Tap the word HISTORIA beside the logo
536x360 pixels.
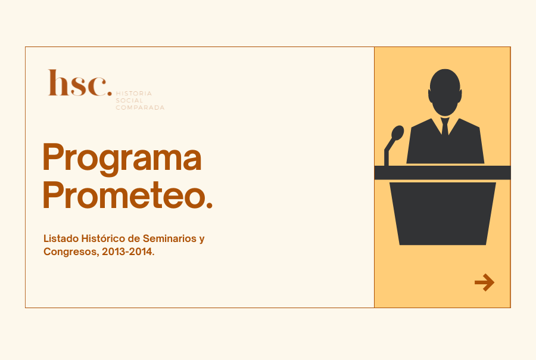pos(133,94)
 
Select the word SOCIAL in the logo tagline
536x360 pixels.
pos(129,101)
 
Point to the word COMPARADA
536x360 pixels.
pos(140,107)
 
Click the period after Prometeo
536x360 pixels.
pos(210,204)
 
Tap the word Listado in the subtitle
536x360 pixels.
pos(61,238)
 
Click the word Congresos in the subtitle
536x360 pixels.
pos(71,252)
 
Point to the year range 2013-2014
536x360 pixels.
pos(128,252)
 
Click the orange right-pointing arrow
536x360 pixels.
pos(484,283)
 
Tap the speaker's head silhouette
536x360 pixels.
pos(445,92)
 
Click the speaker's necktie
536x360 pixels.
pos(445,126)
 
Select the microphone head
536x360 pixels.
pos(397,133)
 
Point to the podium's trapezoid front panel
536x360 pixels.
pos(442,213)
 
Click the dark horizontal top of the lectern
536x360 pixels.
pos(442,172)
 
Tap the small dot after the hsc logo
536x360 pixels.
pos(110,93)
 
